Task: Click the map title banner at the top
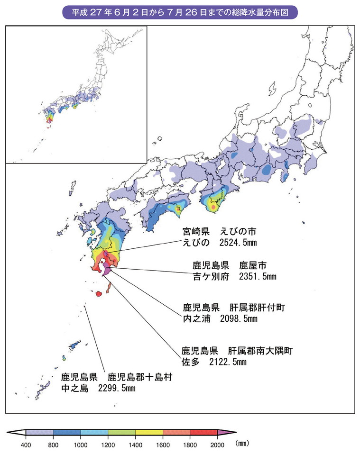tap(180, 10)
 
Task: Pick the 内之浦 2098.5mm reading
tap(220, 318)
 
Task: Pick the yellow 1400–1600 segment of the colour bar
tap(149, 432)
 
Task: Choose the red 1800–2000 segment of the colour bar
tap(203, 432)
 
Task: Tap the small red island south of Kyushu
tap(99, 294)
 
